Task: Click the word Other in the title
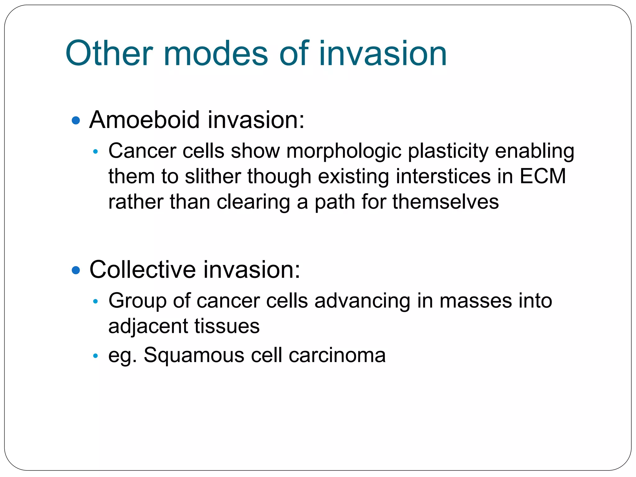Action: (x=109, y=53)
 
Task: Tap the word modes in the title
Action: (x=215, y=53)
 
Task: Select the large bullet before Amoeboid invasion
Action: (x=76, y=120)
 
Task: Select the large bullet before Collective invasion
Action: (x=76, y=270)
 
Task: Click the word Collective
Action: (x=142, y=270)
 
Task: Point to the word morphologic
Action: (x=343, y=152)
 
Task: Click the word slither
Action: (x=213, y=176)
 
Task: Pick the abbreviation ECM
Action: (x=543, y=176)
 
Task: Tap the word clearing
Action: (x=253, y=202)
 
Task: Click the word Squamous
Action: (x=194, y=355)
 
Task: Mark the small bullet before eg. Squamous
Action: (x=96, y=356)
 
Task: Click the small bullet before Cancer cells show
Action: (x=96, y=152)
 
